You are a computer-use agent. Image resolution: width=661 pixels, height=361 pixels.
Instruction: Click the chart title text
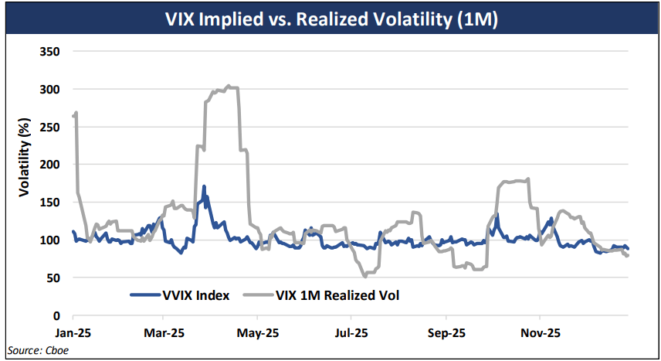click(x=331, y=19)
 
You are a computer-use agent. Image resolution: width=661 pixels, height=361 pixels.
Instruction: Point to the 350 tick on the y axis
click(x=50, y=52)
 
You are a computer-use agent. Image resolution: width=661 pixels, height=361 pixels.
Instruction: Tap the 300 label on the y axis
click(x=50, y=90)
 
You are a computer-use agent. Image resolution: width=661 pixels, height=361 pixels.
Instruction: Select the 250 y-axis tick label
click(x=50, y=127)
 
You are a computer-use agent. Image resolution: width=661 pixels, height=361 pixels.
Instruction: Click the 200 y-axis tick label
click(x=50, y=165)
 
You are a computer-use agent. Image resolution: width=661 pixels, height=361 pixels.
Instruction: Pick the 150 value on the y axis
click(x=50, y=203)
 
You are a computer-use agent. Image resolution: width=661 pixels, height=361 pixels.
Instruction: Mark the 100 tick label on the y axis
click(x=50, y=240)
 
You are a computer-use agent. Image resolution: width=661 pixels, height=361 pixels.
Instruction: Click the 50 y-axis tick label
click(x=53, y=278)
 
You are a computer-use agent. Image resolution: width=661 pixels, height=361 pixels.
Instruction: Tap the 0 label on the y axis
click(x=56, y=315)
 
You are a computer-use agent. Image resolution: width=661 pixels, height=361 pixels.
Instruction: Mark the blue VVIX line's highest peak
click(x=204, y=186)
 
